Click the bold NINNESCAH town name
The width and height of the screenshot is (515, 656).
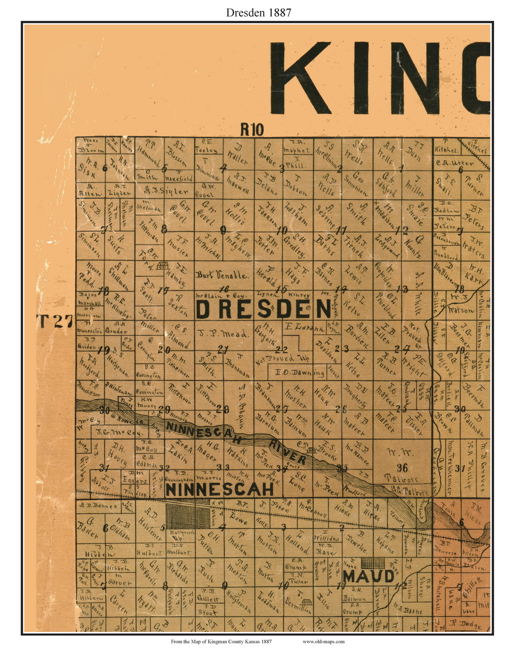pos(220,489)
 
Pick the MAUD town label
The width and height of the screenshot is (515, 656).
pos(369,577)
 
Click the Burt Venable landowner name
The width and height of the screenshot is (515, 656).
pos(223,275)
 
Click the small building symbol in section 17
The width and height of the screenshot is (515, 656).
pos(163,265)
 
